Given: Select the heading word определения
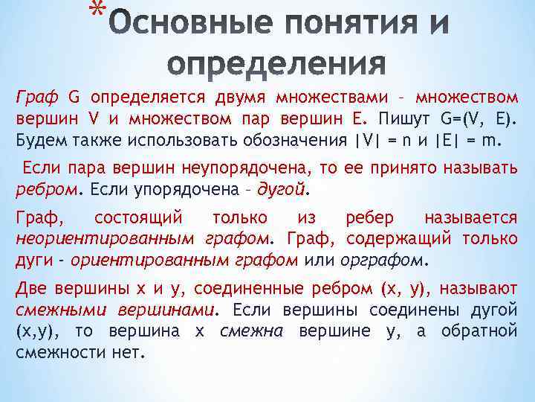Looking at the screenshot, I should [x=276, y=64].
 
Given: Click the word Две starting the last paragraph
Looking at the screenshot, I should [x=33, y=289].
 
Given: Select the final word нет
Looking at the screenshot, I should [x=126, y=351].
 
